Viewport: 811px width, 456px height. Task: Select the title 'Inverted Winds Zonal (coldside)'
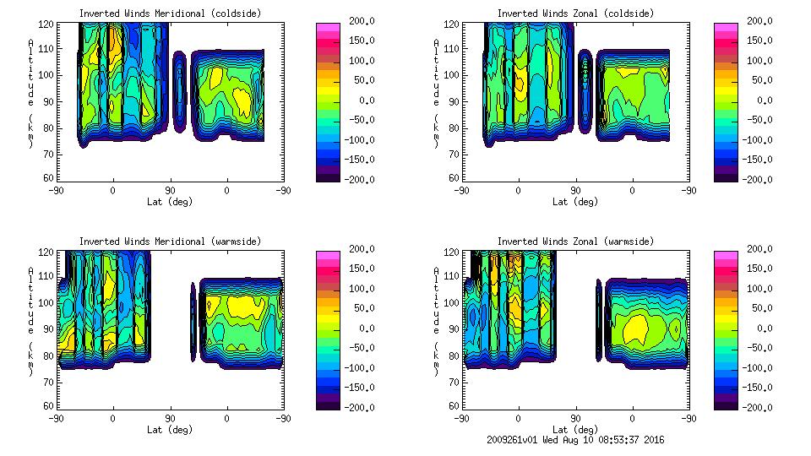[x=575, y=14]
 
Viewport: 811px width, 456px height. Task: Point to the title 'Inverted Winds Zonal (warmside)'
[x=575, y=242]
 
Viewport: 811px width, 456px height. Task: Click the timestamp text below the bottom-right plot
[x=575, y=440]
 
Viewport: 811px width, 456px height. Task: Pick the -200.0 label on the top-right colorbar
[x=759, y=180]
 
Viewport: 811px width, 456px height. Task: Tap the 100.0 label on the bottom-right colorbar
[x=759, y=289]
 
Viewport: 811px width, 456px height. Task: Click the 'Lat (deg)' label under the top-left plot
[x=169, y=202]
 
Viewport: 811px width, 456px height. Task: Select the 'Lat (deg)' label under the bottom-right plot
[x=575, y=429]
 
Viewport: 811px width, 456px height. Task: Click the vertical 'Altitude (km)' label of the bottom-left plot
[x=31, y=322]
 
